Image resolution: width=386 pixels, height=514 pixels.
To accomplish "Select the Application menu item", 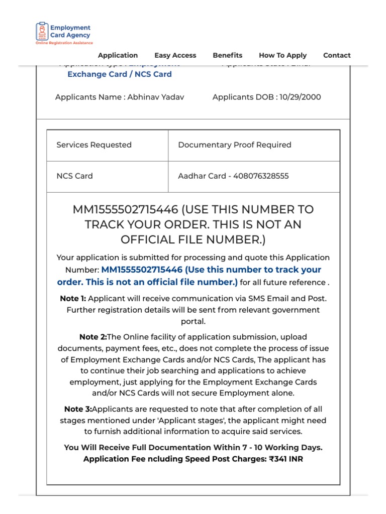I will pos(118,55).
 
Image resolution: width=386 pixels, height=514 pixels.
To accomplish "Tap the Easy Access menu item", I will pos(175,55).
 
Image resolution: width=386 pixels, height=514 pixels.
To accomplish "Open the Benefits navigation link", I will pos(227,55).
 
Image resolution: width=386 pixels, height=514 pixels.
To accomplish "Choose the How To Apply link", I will pos(282,55).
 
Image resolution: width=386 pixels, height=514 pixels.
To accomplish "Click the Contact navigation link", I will pos(337,55).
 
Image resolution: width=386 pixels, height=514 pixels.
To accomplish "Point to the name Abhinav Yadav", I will pos(155,97).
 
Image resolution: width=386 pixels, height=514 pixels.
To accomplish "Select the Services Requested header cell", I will pos(94,145).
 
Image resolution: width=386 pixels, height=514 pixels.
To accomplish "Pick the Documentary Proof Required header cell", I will pos(235,145).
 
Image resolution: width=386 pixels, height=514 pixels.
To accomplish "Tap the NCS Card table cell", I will pos(74,176).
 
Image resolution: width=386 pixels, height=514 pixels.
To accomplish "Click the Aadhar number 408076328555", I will pos(261,176).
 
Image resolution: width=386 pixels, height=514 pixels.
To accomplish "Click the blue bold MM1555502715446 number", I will pos(142,270).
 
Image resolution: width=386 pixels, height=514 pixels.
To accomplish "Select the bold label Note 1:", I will pos(73,298).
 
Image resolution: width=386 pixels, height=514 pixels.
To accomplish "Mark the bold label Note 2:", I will pos(93,337).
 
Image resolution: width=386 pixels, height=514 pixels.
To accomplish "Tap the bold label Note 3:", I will pos(78,409).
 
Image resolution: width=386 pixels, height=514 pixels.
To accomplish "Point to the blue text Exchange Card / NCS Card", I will pos(120,74).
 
